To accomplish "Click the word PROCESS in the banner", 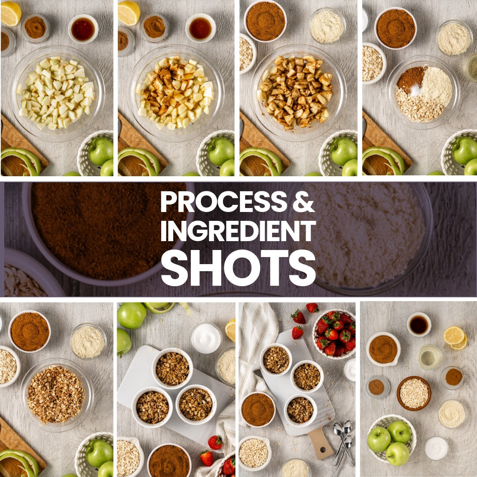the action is tap(223, 202).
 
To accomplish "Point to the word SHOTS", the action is tap(238, 268).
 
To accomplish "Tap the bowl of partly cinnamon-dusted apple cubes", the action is tap(175, 93).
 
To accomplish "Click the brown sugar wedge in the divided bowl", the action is tap(410, 79).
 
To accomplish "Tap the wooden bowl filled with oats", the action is tap(414, 394).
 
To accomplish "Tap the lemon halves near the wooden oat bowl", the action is tap(455, 338).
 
